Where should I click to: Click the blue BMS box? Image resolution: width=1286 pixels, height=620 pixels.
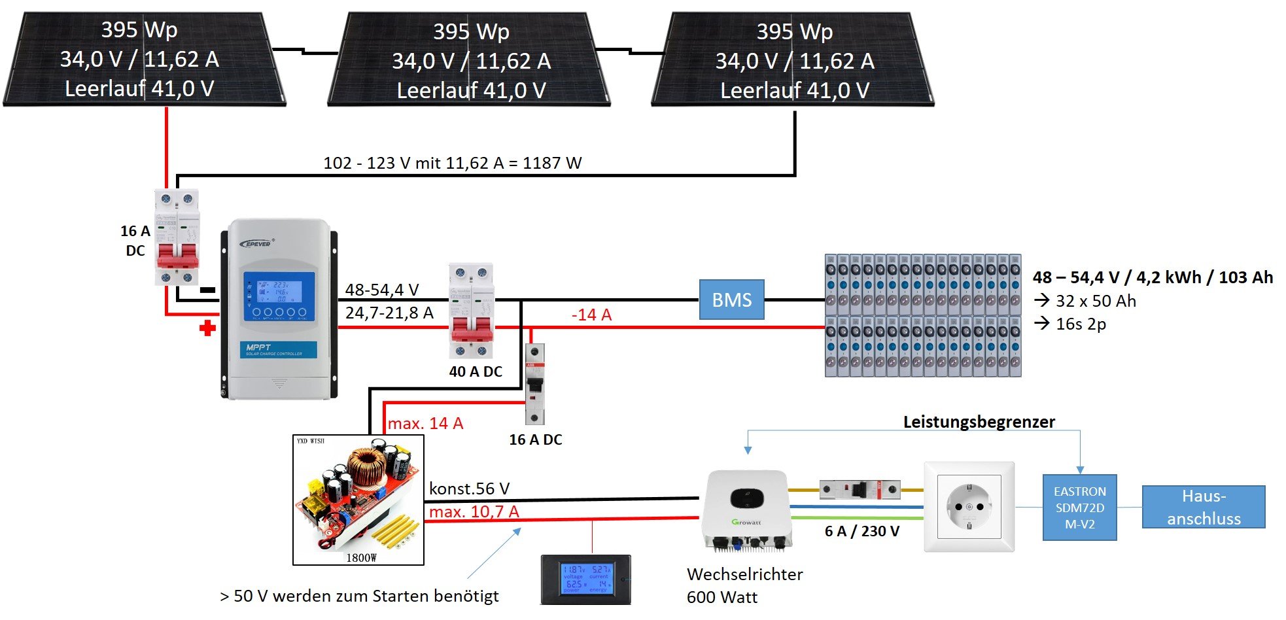[731, 300]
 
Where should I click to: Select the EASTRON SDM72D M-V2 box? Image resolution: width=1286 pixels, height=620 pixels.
[1079, 508]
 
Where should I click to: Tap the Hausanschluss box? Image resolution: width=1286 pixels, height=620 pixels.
[1204, 507]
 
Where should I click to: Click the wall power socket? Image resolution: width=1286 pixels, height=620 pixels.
[969, 507]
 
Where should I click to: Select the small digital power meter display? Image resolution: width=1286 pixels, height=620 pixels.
[586, 579]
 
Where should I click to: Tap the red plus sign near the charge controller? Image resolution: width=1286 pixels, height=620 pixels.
[207, 328]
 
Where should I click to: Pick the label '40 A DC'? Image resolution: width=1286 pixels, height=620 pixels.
[476, 371]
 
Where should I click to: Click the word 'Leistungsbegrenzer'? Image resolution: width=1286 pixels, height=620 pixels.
[979, 422]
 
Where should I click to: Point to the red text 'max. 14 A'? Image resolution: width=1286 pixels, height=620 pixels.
[425, 423]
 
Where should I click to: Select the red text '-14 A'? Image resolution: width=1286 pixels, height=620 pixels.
[591, 315]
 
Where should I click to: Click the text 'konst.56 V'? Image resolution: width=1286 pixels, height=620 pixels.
[469, 489]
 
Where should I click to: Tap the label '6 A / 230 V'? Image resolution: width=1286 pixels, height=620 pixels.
[861, 531]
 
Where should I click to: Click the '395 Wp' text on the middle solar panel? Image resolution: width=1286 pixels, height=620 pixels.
[471, 31]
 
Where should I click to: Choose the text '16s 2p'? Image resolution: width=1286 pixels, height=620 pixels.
[1081, 324]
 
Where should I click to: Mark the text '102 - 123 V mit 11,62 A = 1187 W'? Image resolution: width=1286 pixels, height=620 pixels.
[452, 163]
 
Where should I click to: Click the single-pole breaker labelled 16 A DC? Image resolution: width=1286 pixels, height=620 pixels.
[535, 384]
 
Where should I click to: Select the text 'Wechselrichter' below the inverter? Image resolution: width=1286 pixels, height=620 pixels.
[744, 574]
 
